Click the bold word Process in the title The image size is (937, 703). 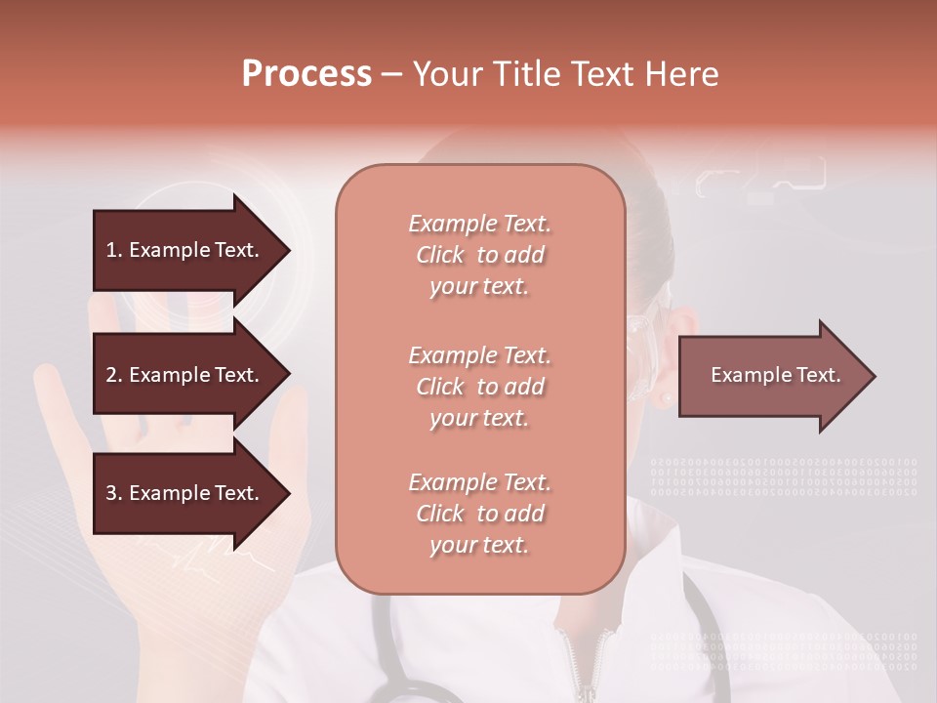306,74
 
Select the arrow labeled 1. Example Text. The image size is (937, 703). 185,250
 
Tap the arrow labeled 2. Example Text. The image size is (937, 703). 185,375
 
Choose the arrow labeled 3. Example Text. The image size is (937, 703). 185,493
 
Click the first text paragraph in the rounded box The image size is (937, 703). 479,255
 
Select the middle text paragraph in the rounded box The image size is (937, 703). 479,387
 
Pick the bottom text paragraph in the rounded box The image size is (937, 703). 479,514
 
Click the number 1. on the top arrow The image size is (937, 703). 114,250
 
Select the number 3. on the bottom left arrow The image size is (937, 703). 114,493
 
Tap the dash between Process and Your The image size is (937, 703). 391,75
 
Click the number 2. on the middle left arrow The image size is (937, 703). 114,375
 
